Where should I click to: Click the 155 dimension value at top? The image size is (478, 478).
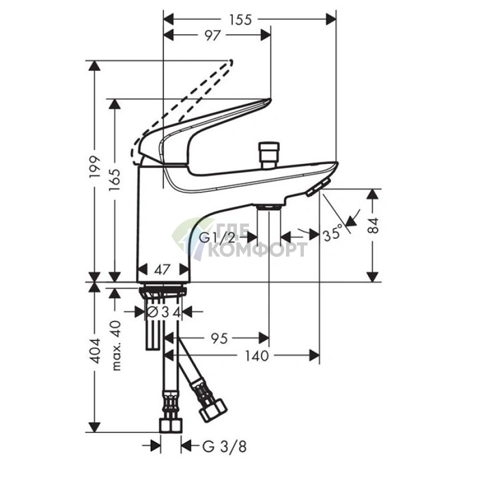[x=241, y=20]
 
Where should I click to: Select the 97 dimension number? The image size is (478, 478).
[x=212, y=36]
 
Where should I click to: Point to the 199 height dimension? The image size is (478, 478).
[x=95, y=167]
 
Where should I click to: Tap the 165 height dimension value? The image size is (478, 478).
[x=115, y=180]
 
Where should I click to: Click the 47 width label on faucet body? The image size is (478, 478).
[x=162, y=270]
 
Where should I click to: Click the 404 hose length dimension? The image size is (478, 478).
[x=96, y=350]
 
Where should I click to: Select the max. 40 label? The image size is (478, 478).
[x=116, y=346]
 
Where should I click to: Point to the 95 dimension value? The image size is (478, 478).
[x=219, y=339]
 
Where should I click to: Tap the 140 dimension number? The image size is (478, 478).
[x=257, y=356]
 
